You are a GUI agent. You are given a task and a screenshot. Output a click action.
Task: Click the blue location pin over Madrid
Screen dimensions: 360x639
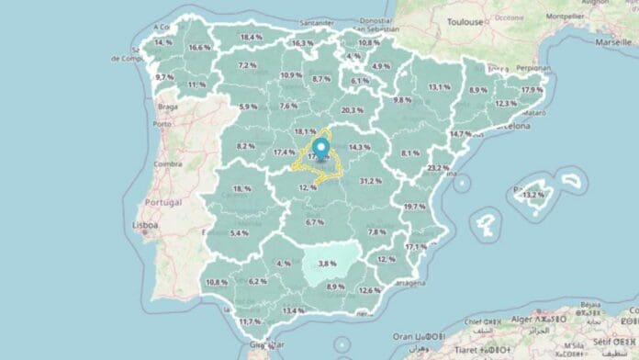coord(321,147)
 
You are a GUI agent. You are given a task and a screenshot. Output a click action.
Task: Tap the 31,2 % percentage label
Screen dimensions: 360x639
coord(371,181)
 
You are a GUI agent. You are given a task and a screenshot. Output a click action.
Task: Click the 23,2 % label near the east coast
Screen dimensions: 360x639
coord(439,168)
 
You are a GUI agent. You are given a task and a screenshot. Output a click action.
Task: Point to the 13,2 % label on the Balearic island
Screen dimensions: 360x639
coord(532,196)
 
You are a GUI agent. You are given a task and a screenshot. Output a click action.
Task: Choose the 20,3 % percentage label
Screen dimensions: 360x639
coord(353,110)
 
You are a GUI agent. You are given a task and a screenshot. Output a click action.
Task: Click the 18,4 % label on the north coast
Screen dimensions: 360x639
coord(251,38)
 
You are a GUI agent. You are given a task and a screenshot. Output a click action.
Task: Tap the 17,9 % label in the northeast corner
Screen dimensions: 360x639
coord(532,90)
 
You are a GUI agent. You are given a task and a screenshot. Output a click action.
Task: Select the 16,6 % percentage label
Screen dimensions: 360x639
coord(199,48)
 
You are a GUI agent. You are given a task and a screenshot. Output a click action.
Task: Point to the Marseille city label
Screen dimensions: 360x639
coord(613,42)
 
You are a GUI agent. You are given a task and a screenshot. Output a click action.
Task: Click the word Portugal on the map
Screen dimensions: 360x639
coord(164,202)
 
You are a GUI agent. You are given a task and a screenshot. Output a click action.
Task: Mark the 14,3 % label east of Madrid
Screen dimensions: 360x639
coord(360,147)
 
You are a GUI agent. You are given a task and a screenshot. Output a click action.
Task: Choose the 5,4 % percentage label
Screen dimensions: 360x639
coord(239,233)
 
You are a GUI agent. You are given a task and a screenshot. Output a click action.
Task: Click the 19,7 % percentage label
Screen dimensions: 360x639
coord(415,208)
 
